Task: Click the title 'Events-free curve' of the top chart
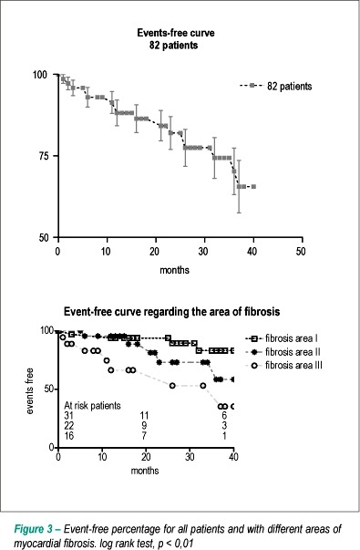pyautogui.click(x=176, y=33)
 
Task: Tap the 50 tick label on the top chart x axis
pyautogui.click(x=301, y=251)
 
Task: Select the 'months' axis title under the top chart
pyautogui.click(x=174, y=270)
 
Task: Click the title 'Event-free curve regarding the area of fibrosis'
pyautogui.click(x=171, y=311)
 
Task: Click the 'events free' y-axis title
pyautogui.click(x=29, y=390)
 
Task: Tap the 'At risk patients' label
pyautogui.click(x=92, y=406)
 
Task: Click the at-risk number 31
pyautogui.click(x=69, y=416)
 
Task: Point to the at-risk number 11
pyautogui.click(x=144, y=416)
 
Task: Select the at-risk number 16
pyautogui.click(x=69, y=436)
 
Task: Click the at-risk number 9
pyautogui.click(x=144, y=426)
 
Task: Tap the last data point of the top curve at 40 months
pyautogui.click(x=253, y=187)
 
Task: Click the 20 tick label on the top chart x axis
pyautogui.click(x=155, y=251)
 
